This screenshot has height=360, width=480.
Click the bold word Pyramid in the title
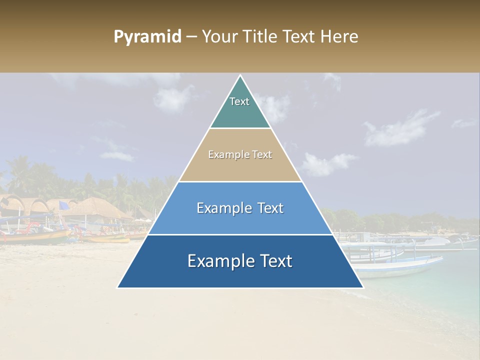pyautogui.click(x=147, y=37)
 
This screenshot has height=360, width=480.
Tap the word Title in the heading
pyautogui.click(x=259, y=37)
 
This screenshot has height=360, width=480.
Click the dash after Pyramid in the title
pyautogui.click(x=191, y=37)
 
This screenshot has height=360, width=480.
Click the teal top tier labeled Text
pyautogui.click(x=240, y=107)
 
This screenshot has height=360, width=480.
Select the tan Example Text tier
pyautogui.click(x=240, y=155)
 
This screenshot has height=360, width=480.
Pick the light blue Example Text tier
pyautogui.click(x=240, y=208)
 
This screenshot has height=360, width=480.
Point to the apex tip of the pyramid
pyautogui.click(x=240, y=76)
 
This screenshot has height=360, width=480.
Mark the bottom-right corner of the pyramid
pyautogui.click(x=362, y=287)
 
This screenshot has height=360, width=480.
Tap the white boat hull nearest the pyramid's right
pyautogui.click(x=400, y=267)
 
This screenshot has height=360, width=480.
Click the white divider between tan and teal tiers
pyautogui.click(x=240, y=128)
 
